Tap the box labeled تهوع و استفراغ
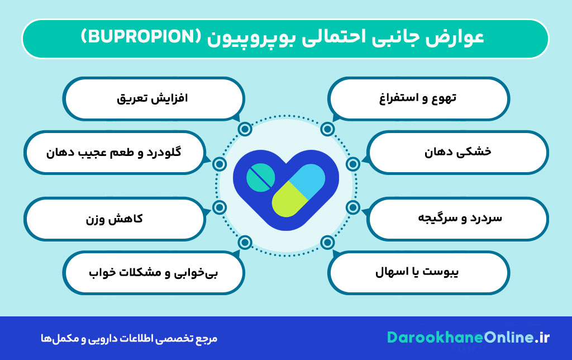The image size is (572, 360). point(419,98)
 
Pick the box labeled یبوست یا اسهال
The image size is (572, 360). point(419,273)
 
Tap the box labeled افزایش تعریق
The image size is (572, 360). point(153,98)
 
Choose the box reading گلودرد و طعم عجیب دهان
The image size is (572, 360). point(114,152)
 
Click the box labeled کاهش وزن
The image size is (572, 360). point(114,217)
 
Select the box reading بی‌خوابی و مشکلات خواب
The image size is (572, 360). point(153,273)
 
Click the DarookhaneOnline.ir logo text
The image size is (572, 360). point(469,338)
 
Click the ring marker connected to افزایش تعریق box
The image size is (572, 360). point(244,129)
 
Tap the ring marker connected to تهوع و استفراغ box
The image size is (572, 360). point(328,129)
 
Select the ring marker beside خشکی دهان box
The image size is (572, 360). point(352,164)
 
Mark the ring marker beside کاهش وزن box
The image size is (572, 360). point(220,207)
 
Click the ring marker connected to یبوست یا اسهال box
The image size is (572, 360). point(328,242)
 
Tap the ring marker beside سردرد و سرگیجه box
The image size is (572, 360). point(352,207)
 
